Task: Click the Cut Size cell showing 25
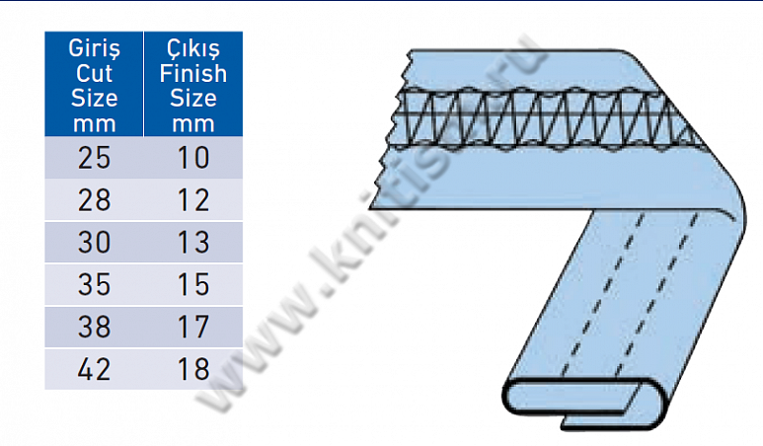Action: (x=95, y=158)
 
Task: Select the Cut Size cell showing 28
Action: (x=95, y=200)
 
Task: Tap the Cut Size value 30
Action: (x=95, y=243)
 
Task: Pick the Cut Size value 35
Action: (x=95, y=284)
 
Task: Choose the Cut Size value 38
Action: (x=95, y=327)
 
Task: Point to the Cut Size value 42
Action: (x=95, y=369)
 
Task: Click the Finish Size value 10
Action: (x=193, y=158)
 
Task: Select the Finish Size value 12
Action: (x=193, y=200)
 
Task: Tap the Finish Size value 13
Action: (x=193, y=243)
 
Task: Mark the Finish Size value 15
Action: (x=193, y=284)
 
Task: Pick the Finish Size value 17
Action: (x=193, y=327)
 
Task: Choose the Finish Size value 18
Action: (x=193, y=369)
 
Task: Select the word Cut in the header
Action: (x=95, y=74)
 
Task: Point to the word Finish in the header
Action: (x=193, y=74)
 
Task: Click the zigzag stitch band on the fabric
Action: (x=543, y=116)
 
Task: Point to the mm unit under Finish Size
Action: (x=193, y=123)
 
